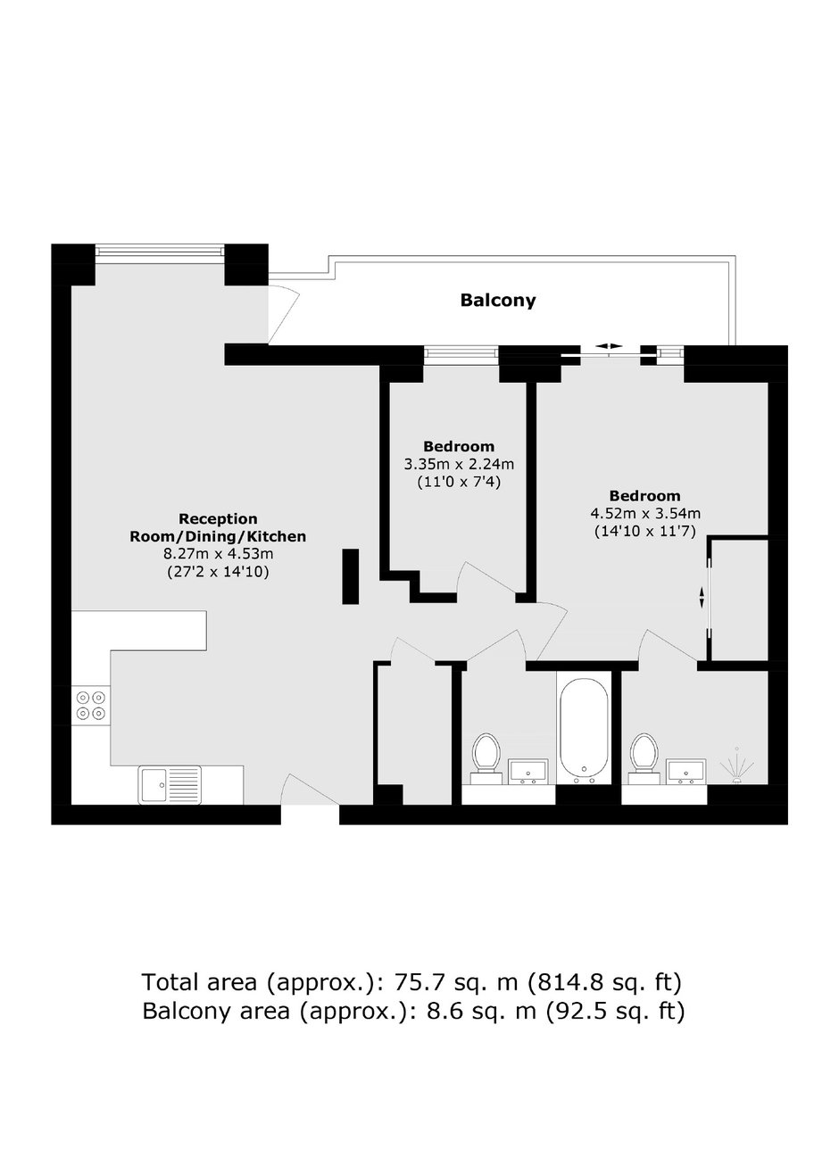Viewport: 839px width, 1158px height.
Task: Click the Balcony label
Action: (x=498, y=301)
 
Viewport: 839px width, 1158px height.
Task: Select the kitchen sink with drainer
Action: (x=170, y=785)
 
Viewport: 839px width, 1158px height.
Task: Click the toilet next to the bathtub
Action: (x=486, y=757)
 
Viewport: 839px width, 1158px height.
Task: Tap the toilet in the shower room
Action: (x=644, y=757)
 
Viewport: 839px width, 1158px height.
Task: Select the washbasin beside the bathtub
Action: (x=528, y=772)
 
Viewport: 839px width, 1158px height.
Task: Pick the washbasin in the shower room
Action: (x=685, y=772)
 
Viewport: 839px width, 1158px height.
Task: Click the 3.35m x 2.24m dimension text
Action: (x=459, y=464)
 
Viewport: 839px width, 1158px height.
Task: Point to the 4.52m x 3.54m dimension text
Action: (x=645, y=513)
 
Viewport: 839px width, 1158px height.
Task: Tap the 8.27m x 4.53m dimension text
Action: (x=219, y=554)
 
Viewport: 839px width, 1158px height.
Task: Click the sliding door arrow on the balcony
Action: (x=609, y=346)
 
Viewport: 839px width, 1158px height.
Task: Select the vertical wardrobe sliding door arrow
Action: (x=702, y=597)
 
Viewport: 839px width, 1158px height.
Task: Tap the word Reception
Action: (x=218, y=518)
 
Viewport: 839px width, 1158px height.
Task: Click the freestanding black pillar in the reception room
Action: (x=350, y=576)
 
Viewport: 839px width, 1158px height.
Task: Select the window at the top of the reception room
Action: (x=160, y=250)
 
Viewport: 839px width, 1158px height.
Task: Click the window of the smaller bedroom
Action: (x=461, y=352)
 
